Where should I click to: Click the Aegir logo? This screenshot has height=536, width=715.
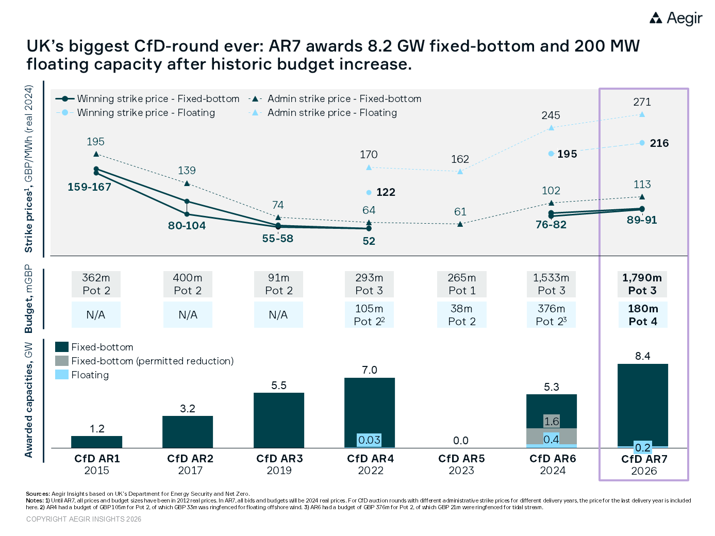coord(676,19)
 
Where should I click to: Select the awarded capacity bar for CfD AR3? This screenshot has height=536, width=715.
coord(279,420)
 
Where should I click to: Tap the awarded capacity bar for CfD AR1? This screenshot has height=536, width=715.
coord(97,442)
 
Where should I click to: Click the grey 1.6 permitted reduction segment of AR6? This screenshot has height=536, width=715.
coord(552,422)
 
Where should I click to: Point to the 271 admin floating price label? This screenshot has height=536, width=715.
coord(642,102)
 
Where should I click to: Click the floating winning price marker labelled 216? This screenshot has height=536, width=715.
coord(642,143)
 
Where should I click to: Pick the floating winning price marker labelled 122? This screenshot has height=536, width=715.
coord(369,192)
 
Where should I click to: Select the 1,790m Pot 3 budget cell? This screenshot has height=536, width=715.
coord(642,284)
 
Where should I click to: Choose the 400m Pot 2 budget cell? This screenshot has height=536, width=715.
coord(188,284)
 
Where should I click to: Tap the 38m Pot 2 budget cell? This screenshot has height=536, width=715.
coord(462,315)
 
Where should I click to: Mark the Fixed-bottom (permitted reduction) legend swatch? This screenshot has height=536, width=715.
coord(62,361)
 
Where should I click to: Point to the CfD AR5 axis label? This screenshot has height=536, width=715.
coord(461,459)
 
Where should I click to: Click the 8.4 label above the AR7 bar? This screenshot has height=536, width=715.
coord(643,356)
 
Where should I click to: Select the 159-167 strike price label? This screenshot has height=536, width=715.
coord(90,187)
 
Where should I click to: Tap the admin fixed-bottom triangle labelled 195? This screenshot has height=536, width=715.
coord(96,154)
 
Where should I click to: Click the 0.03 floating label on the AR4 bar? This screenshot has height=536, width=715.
coord(370,440)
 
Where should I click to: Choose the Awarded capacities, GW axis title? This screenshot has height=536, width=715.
coord(29,400)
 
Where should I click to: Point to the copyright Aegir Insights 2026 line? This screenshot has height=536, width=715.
coord(84,519)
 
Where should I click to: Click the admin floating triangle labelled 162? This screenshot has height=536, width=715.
coord(460,171)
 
